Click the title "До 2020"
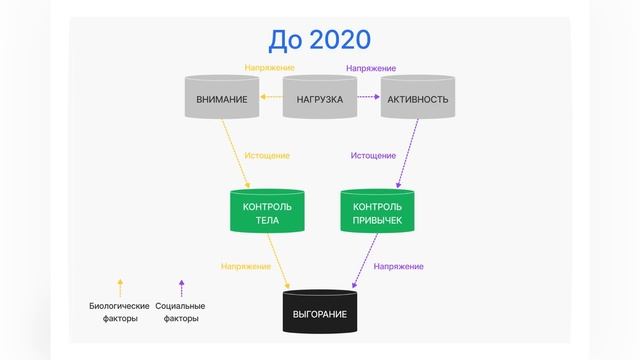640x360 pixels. pos(319,40)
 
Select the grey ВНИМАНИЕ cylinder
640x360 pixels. pos(222,98)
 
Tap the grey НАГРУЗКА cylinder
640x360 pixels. pos(320,98)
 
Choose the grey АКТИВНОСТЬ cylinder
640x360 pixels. pos(418,98)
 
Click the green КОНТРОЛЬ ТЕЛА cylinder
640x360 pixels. pos(267,211)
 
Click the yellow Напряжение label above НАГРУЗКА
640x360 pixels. pos(270,68)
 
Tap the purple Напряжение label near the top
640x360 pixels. pos(371,68)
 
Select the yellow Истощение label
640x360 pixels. pos(267,156)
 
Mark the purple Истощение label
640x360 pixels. pos(373,156)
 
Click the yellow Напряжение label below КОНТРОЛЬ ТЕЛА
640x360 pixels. pos(246,266)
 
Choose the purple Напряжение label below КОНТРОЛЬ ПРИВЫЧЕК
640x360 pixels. pos(398,266)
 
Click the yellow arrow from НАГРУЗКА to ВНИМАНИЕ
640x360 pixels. pos(271,98)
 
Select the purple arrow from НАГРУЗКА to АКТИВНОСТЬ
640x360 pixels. pos(368,98)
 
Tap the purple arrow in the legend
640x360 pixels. pos(181,289)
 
